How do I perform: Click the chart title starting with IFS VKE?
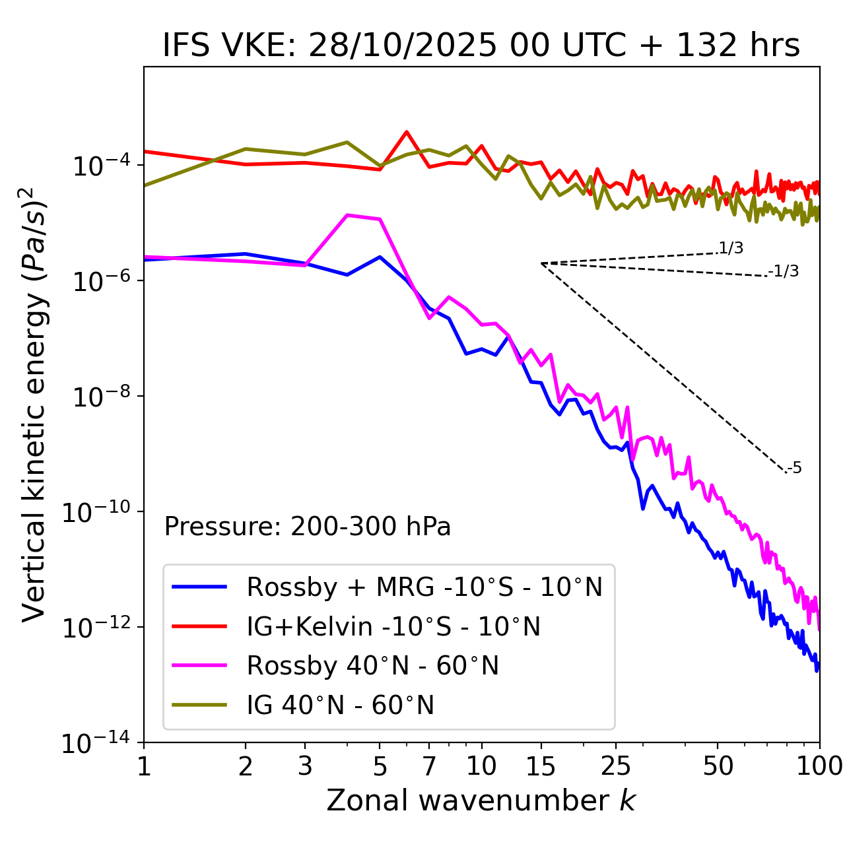pos(481,46)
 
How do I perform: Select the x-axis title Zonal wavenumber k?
pos(481,800)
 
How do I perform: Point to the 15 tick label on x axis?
pos(541,766)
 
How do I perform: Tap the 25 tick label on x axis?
pos(616,766)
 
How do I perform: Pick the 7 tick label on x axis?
pos(429,766)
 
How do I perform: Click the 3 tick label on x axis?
pos(305,766)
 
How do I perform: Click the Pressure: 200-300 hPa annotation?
pos(308,527)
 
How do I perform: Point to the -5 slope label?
pos(794,469)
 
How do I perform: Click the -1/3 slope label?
pos(784,271)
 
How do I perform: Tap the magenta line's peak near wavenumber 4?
pos(348,215)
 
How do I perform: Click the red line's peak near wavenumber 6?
pos(407,132)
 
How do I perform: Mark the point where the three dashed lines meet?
pos(541,263)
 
